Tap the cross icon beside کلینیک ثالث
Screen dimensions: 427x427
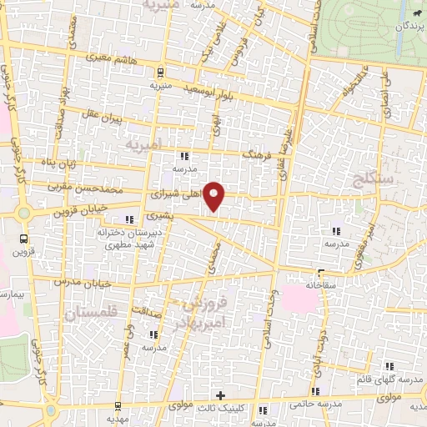click(x=220, y=394)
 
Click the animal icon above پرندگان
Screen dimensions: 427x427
click(x=414, y=13)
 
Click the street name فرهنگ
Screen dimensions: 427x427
click(x=251, y=155)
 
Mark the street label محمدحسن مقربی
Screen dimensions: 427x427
click(x=86, y=189)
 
